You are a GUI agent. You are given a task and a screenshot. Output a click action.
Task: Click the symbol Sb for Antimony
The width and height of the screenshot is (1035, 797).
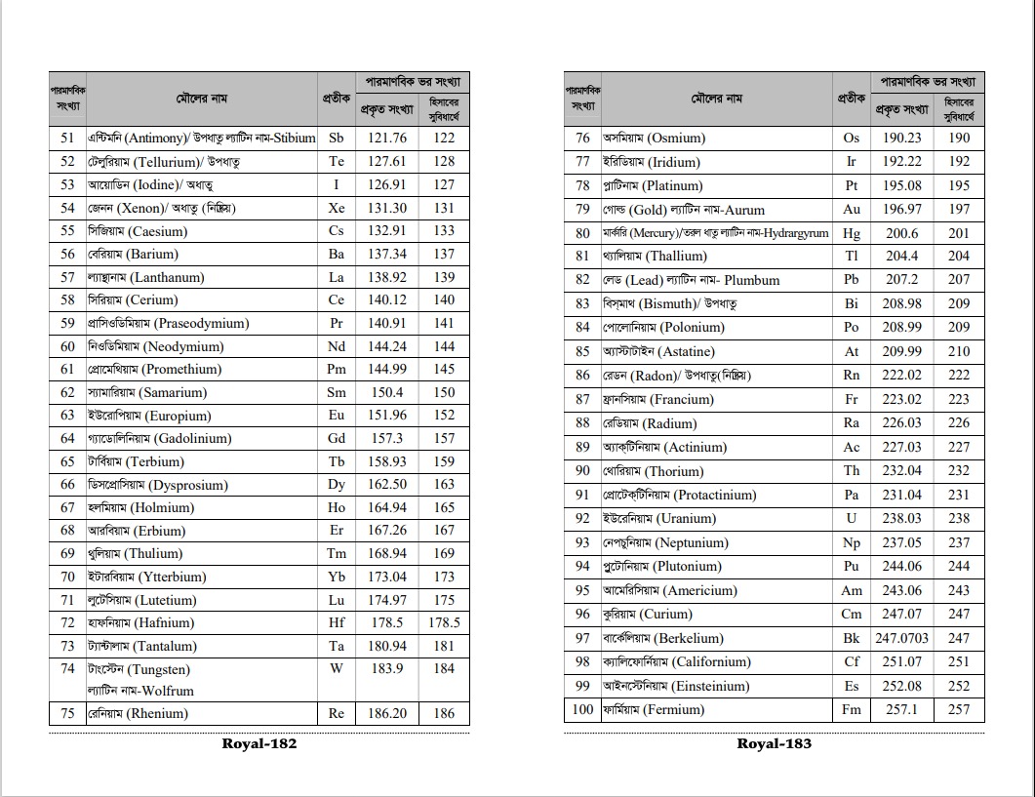click(x=337, y=139)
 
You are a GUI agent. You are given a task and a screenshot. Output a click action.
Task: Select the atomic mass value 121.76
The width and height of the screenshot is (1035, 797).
click(x=387, y=139)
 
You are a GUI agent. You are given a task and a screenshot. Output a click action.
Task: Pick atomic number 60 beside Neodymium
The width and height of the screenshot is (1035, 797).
click(x=67, y=346)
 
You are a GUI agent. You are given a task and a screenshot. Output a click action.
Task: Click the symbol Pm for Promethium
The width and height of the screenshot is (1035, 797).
click(x=337, y=369)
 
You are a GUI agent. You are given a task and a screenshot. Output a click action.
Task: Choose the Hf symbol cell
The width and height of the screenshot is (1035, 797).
click(x=337, y=622)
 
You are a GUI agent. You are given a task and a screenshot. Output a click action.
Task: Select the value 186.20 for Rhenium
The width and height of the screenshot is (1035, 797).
click(x=387, y=713)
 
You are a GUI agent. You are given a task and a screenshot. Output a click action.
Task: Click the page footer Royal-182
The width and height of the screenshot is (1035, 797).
click(x=259, y=743)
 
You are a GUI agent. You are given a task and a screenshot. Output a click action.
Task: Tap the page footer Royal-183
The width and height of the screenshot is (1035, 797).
click(x=775, y=743)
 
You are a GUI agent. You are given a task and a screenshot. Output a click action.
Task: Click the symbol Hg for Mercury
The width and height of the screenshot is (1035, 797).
click(x=852, y=233)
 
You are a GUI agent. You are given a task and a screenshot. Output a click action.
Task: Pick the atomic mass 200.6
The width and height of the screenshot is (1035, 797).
click(x=902, y=233)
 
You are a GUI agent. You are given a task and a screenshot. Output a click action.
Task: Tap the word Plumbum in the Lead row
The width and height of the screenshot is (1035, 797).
click(x=752, y=280)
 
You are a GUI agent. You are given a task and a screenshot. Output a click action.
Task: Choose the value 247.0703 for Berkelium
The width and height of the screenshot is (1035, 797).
click(x=902, y=638)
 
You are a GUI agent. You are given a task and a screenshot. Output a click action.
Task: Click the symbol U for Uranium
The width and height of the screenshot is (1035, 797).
click(x=852, y=518)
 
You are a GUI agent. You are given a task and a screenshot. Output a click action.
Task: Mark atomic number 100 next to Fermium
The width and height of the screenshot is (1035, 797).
click(x=582, y=709)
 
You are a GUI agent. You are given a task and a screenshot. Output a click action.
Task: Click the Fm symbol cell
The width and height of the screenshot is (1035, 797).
click(x=852, y=709)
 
